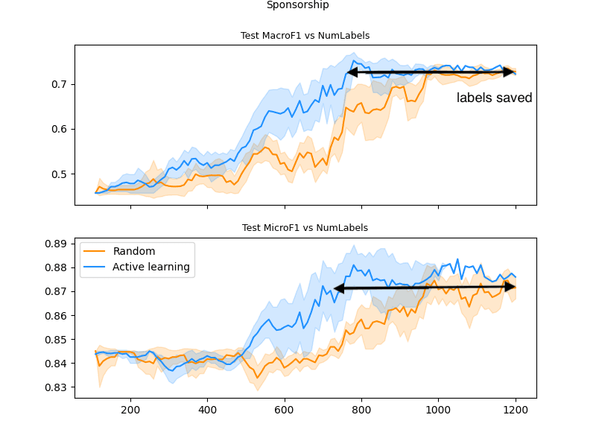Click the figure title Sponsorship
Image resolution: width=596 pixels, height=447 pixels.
(x=297, y=5)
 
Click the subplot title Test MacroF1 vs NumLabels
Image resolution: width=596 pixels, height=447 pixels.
(x=305, y=36)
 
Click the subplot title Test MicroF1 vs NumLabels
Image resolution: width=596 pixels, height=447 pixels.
(x=305, y=228)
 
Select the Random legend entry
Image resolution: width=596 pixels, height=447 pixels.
(x=134, y=251)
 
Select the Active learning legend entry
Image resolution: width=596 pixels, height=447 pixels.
(x=150, y=267)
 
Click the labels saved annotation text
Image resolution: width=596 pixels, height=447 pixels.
(x=494, y=98)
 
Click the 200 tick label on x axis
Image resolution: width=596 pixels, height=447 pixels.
(x=130, y=409)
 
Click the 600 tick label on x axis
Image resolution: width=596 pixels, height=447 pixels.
(x=284, y=409)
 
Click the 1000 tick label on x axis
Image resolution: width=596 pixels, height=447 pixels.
(x=438, y=409)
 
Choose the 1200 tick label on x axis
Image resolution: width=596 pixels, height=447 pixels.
(x=515, y=409)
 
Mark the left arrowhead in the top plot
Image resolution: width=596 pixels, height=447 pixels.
(x=352, y=72)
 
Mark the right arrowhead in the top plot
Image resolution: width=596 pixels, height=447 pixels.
(x=510, y=72)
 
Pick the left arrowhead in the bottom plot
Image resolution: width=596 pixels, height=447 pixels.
(x=338, y=288)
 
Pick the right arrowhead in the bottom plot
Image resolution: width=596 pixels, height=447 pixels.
(x=510, y=287)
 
